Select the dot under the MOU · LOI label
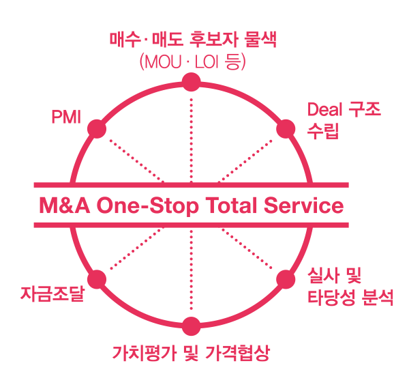pos(191,83)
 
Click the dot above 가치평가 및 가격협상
pos(191,326)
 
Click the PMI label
pos(66,117)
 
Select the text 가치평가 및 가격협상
pos(191,354)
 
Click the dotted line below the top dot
pos(191,137)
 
